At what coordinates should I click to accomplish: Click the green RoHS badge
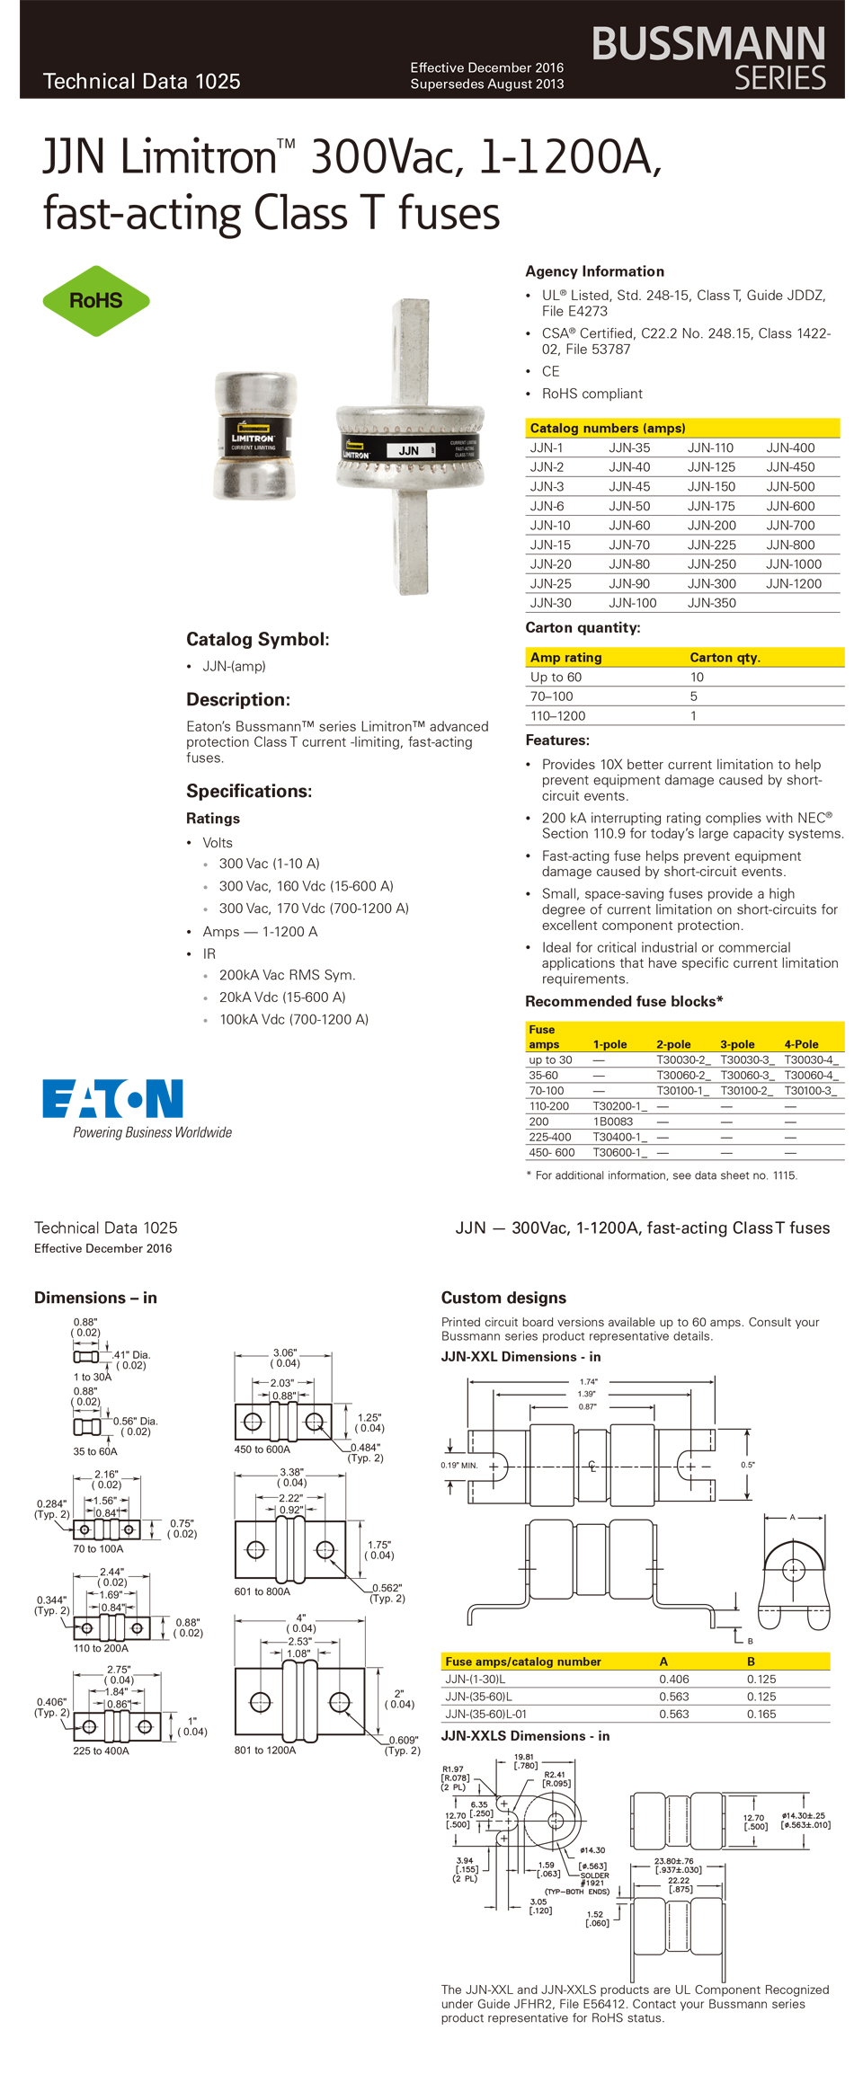96,301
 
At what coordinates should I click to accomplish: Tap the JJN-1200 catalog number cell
794,584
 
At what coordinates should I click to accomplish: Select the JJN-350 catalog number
711,604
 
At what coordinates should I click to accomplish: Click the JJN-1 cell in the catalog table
547,448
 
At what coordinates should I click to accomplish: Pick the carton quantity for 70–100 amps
693,697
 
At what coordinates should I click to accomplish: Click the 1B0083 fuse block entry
612,1121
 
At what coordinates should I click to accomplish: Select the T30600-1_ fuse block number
619,1153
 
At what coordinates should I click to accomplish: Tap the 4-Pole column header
801,1044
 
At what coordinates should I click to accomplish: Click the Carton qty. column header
725,658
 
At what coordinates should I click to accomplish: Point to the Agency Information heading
594,271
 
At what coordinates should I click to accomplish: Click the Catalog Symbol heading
257,640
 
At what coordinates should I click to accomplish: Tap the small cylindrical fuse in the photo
255,438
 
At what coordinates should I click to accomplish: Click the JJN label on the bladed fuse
409,451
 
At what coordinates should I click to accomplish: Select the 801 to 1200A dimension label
265,1751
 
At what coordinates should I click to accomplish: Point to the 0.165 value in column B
761,1715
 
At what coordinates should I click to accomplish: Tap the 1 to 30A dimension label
93,1378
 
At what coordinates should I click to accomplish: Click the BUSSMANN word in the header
708,43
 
